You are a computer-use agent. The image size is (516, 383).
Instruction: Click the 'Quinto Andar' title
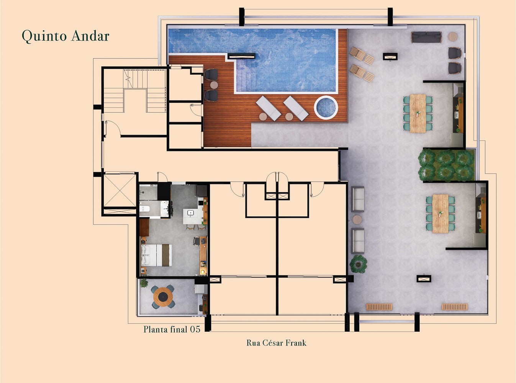coord(66,36)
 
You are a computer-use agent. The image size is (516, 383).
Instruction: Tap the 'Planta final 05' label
coord(172,329)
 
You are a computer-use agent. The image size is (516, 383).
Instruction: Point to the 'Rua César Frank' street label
coord(276,343)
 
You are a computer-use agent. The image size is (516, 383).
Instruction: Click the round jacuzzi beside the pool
coord(326,107)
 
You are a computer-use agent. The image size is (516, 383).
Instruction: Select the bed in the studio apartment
coord(156,255)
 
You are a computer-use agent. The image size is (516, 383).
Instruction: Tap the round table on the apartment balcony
coord(163,297)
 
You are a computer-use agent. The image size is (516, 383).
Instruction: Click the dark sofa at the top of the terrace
coord(426,37)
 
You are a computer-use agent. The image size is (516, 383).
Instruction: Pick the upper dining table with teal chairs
coord(418,113)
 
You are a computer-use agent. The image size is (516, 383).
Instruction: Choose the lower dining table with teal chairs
coord(440,213)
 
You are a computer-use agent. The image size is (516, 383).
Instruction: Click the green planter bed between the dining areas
coord(446,165)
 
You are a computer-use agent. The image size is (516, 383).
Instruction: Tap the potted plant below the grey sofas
coord(358,264)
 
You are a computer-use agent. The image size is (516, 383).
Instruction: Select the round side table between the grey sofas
coord(357,220)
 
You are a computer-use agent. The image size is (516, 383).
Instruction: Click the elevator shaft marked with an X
coord(120,190)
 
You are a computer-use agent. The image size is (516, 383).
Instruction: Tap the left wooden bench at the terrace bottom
coord(379,307)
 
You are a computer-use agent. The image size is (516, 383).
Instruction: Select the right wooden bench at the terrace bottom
coord(454,307)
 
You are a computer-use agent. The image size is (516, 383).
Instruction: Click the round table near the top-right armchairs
coord(453,36)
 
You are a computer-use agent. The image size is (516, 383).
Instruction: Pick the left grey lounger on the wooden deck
coord(269,108)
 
